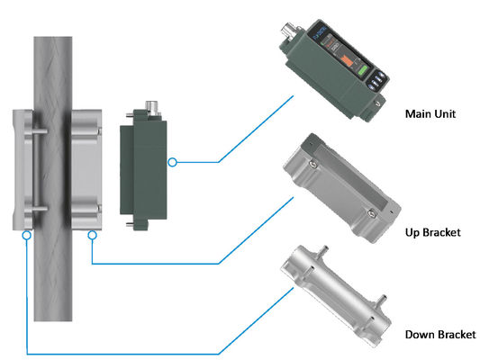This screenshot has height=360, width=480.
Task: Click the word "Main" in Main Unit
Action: point(418,114)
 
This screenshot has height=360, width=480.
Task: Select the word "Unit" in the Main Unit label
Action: point(447,114)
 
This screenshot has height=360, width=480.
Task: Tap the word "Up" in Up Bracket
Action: point(415,232)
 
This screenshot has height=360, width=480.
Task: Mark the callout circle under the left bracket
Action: point(28,235)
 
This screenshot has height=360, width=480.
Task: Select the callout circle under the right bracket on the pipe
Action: point(93,235)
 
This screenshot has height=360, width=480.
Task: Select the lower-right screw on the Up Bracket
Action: point(369,214)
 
